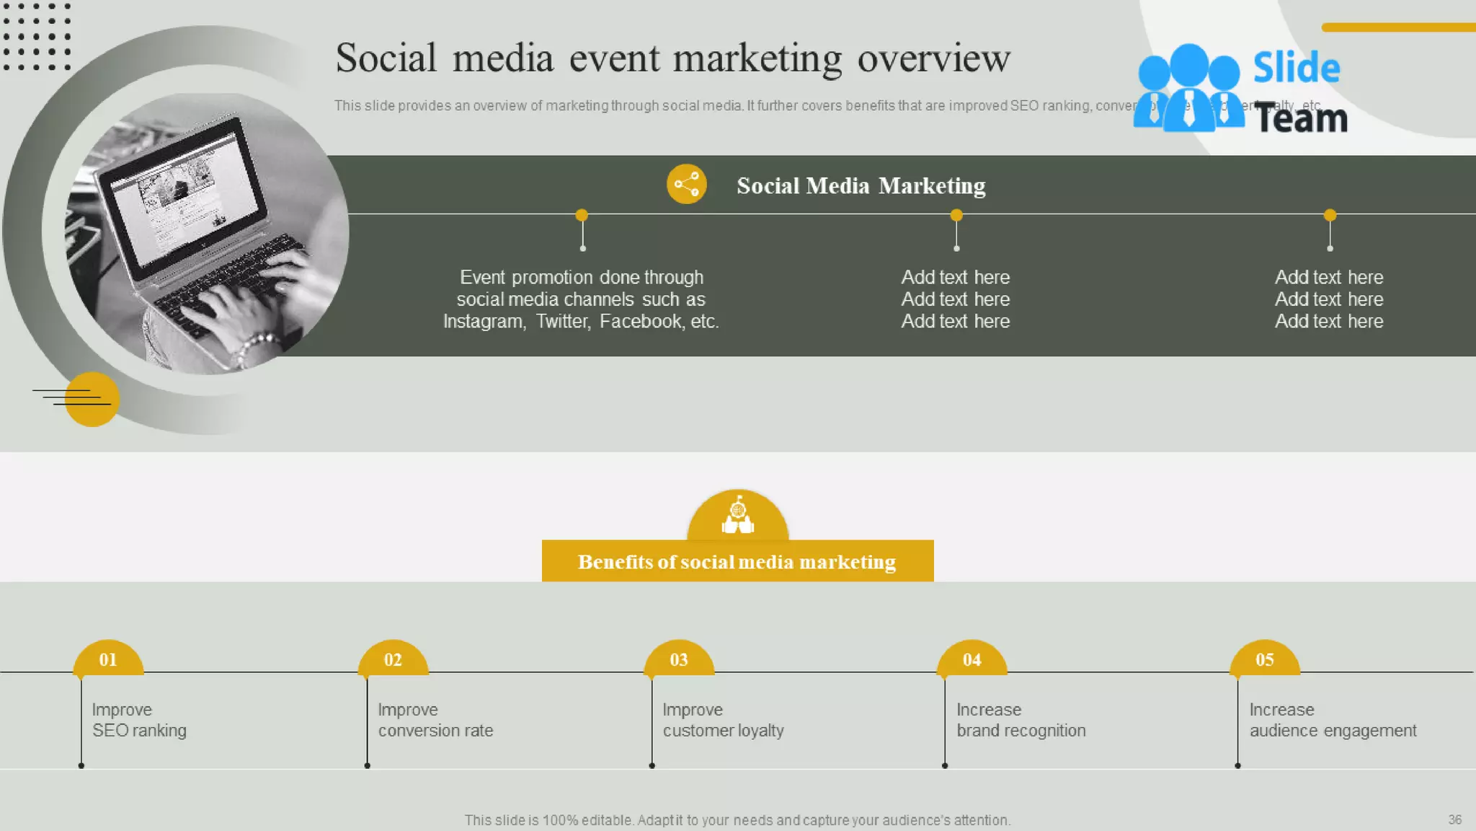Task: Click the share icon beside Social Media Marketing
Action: click(x=686, y=184)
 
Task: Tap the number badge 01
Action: click(x=108, y=659)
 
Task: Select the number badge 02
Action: click(x=393, y=659)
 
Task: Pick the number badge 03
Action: click(x=679, y=659)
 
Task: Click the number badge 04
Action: click(x=972, y=659)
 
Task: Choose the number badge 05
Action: click(x=1264, y=659)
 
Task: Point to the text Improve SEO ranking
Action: click(x=139, y=720)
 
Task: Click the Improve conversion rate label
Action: click(x=435, y=720)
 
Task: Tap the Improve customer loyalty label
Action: click(x=723, y=720)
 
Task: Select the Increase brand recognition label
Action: click(x=1021, y=720)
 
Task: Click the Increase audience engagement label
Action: click(x=1333, y=720)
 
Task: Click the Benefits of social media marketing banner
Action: click(x=737, y=561)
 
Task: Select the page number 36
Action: click(x=1454, y=819)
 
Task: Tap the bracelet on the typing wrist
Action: click(x=256, y=345)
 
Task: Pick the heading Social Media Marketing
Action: click(x=861, y=185)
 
